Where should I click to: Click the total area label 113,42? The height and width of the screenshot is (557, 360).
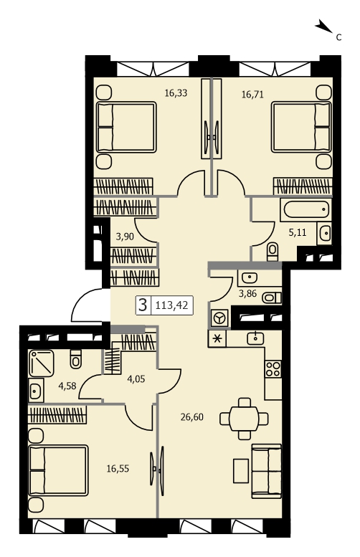pyautogui.click(x=171, y=305)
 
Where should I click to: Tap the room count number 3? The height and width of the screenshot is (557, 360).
pyautogui.click(x=143, y=305)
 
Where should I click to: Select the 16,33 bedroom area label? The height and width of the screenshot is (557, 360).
pyautogui.click(x=176, y=93)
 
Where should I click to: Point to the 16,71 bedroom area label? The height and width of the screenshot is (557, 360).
pyautogui.click(x=252, y=95)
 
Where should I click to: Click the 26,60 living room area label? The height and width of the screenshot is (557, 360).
pyautogui.click(x=192, y=416)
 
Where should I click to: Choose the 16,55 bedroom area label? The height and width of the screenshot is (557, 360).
pyautogui.click(x=118, y=469)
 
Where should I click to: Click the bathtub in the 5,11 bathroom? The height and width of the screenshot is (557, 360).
pyautogui.click(x=305, y=209)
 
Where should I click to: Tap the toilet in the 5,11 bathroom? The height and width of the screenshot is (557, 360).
pyautogui.click(x=273, y=251)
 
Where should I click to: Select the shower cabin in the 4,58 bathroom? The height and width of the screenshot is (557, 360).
pyautogui.click(x=42, y=363)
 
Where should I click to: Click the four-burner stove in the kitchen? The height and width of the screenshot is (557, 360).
pyautogui.click(x=273, y=368)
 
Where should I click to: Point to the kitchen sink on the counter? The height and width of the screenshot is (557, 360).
pyautogui.click(x=255, y=338)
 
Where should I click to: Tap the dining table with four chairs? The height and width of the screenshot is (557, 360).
pyautogui.click(x=244, y=419)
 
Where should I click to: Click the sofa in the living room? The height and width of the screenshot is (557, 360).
pyautogui.click(x=267, y=471)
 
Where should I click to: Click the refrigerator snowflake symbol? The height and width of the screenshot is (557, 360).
pyautogui.click(x=217, y=338)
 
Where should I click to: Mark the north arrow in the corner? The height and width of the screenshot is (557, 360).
pyautogui.click(x=323, y=27)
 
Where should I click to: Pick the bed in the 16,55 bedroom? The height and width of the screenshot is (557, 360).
pyautogui.click(x=58, y=470)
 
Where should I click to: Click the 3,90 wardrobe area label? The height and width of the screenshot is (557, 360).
pyautogui.click(x=125, y=236)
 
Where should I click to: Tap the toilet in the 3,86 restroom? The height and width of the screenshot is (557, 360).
pyautogui.click(x=272, y=297)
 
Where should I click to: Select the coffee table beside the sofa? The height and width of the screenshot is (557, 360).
pyautogui.click(x=241, y=471)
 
